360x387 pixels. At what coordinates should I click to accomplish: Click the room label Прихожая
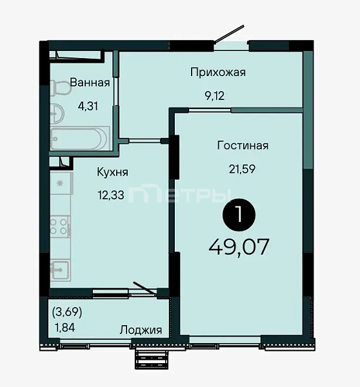[x=218, y=72]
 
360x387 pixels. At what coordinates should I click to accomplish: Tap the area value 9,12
[x=215, y=95]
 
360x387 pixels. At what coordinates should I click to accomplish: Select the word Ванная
[x=90, y=83]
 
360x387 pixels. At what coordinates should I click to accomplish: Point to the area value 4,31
[x=88, y=106]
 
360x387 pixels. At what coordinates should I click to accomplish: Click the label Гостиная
[x=243, y=146]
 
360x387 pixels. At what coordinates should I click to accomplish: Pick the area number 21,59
[x=242, y=169]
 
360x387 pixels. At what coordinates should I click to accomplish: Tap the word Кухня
[x=113, y=172]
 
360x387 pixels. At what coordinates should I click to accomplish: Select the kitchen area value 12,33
[x=111, y=195]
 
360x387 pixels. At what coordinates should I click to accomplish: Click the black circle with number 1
[x=239, y=215]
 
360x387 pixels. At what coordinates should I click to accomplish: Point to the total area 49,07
[x=239, y=247]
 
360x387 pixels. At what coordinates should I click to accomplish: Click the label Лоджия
[x=141, y=330]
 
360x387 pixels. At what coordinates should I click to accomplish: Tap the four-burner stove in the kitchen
[x=60, y=227]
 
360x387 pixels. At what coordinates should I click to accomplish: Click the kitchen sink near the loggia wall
[x=60, y=270]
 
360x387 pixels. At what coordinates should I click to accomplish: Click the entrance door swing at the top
[x=229, y=34]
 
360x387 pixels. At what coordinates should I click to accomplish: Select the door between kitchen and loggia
[x=145, y=288]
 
